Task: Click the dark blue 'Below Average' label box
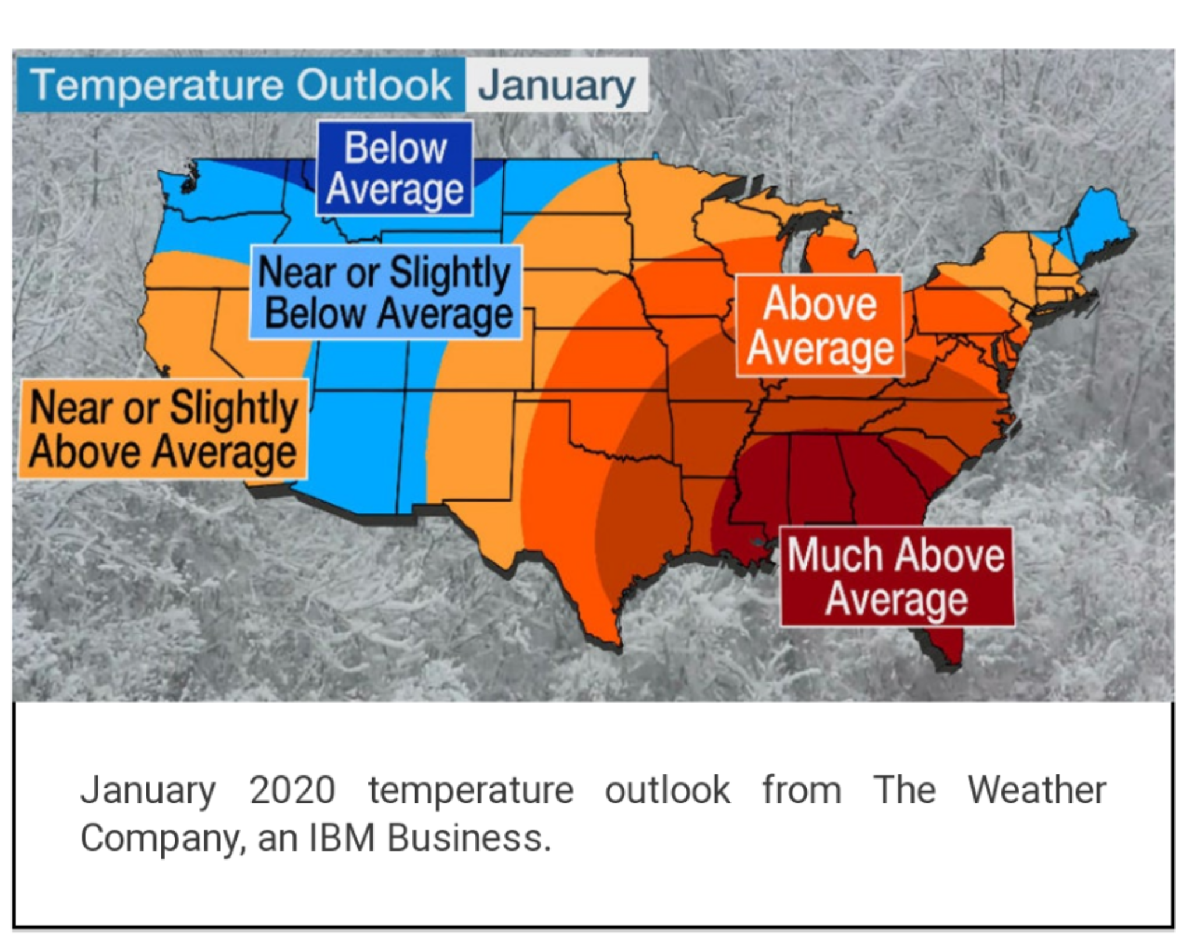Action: point(394,168)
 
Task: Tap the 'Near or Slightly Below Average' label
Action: point(386,292)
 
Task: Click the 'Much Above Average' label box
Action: point(896,577)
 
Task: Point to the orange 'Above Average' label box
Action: point(820,326)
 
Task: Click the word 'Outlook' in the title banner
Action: point(374,84)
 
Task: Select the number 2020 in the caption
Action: point(292,790)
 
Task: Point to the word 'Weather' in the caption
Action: point(1037,790)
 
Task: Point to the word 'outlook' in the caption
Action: point(668,790)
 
